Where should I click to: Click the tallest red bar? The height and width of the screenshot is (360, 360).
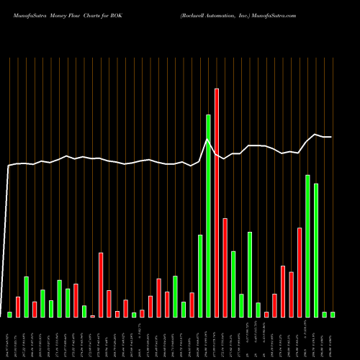(x=217, y=202)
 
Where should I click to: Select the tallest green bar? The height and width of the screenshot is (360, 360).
(x=208, y=215)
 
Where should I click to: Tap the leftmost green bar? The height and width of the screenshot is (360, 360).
(x=9, y=314)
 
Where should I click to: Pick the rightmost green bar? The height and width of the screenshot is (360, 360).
(x=333, y=314)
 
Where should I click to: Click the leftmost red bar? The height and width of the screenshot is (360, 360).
(x=18, y=307)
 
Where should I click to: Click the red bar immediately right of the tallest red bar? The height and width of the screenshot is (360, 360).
(x=225, y=267)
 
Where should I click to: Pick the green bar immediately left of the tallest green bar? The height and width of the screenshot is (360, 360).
(x=200, y=276)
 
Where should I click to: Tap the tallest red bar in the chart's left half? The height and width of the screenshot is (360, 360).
(x=101, y=284)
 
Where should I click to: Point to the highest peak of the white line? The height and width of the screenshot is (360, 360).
(x=207, y=139)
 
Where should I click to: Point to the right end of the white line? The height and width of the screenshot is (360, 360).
(x=331, y=137)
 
